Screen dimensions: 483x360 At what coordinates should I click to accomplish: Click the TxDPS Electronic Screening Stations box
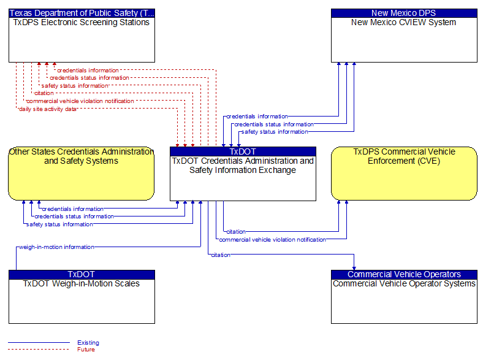[82, 36]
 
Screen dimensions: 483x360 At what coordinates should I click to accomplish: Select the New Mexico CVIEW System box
[404, 36]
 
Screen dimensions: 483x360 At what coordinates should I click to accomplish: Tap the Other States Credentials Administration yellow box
[82, 174]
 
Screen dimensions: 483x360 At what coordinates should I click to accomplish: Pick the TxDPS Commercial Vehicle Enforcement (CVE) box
[404, 174]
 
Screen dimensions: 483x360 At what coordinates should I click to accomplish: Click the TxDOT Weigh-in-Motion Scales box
[82, 297]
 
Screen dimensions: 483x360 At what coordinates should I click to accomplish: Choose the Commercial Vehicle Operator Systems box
[404, 297]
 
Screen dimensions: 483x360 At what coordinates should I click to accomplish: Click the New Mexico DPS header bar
[404, 13]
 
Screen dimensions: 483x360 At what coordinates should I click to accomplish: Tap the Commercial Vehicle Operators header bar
[404, 274]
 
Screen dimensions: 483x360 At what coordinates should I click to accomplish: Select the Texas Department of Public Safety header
[82, 13]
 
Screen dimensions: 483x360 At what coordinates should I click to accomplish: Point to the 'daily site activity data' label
[47, 109]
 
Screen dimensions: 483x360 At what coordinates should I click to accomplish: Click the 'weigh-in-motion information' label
[56, 247]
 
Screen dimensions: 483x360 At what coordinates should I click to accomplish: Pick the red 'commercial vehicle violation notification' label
[80, 101]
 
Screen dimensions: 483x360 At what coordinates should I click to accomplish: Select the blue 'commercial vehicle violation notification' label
[272, 239]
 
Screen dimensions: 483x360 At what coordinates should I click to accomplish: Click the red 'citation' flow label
[44, 93]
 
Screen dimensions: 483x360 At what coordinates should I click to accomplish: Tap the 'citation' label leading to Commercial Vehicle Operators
[221, 255]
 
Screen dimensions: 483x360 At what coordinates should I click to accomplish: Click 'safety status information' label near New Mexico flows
[275, 132]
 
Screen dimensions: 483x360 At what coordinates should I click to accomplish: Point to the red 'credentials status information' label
[89, 78]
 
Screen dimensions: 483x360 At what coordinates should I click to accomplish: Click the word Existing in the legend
[88, 342]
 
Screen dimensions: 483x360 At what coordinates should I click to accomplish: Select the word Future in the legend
[86, 349]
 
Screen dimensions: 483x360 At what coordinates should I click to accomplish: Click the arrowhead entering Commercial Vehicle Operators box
[354, 268]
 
